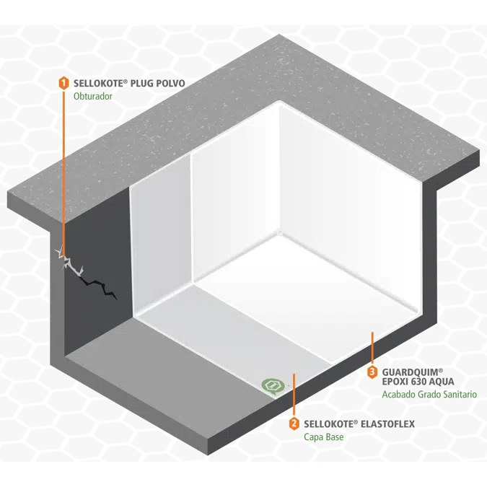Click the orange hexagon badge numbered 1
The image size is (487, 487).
[x=64, y=83]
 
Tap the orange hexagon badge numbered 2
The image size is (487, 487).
[x=294, y=424]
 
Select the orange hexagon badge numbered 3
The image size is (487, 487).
[x=372, y=372]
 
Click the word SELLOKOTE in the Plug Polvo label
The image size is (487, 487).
[x=99, y=83]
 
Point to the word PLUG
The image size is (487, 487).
[x=142, y=83]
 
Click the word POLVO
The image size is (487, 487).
[x=171, y=83]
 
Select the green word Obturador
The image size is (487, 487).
[x=93, y=96]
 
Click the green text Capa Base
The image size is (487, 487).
[x=324, y=437]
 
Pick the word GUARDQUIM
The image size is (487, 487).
[x=410, y=372]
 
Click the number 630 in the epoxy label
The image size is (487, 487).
[x=419, y=382]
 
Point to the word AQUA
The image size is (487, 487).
[x=442, y=382]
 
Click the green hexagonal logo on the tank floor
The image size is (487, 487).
[x=273, y=386]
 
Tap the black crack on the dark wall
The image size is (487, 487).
[x=98, y=288]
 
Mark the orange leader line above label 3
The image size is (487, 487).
[x=372, y=347]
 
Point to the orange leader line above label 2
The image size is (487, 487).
[x=294, y=394]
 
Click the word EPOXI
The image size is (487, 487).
[x=395, y=382]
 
